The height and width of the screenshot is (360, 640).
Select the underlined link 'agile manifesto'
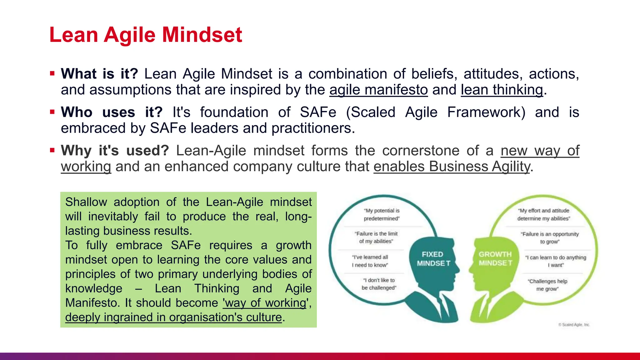point(378,90)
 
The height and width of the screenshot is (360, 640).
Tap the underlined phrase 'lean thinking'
point(502,90)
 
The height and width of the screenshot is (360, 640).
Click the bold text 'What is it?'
point(99,74)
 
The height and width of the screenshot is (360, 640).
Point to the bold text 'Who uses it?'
point(112,112)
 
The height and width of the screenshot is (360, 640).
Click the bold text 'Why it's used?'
point(115,151)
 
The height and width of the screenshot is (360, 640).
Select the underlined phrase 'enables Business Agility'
point(452,167)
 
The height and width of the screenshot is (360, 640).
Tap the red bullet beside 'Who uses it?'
point(52,112)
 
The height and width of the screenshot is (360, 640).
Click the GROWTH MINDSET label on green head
point(495,259)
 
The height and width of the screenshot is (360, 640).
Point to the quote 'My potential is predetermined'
point(382,215)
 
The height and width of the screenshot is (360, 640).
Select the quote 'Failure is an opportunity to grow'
point(550,238)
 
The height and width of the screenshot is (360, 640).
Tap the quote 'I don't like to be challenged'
point(379,284)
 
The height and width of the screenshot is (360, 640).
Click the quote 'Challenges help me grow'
point(547,285)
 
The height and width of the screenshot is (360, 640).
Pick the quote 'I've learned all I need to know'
point(370,261)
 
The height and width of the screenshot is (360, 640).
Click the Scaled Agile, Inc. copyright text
point(574,325)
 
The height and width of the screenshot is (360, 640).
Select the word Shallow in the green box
point(86,202)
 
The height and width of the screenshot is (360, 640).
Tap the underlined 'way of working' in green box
point(265,303)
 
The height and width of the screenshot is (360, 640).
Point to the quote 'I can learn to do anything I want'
point(556,261)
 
